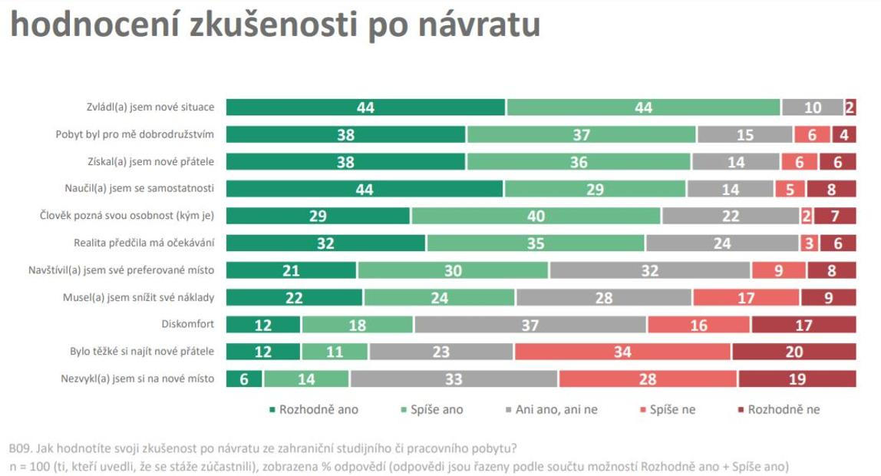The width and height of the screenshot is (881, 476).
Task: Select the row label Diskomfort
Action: point(187,324)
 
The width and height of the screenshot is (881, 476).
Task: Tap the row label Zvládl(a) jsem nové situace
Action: point(150,107)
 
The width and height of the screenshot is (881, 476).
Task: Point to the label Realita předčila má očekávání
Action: point(144,243)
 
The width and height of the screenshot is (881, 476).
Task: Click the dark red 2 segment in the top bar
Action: point(850,107)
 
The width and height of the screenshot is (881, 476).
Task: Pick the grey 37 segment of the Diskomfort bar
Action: point(530,324)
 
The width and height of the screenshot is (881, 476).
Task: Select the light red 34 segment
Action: point(622,352)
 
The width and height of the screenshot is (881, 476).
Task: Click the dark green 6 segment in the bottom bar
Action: point(244,378)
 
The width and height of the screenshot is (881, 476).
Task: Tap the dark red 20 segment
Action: point(794,352)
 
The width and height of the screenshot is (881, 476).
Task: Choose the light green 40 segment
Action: point(536,216)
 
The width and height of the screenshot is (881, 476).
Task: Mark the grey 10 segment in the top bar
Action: point(812,107)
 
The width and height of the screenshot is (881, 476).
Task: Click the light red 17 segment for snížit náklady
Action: point(747,297)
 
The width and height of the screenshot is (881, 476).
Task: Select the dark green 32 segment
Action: point(326,243)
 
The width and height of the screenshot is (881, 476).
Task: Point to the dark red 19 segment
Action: point(797,378)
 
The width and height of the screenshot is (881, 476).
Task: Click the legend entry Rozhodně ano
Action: point(315,409)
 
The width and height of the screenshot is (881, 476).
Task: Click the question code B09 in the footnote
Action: point(18,448)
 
